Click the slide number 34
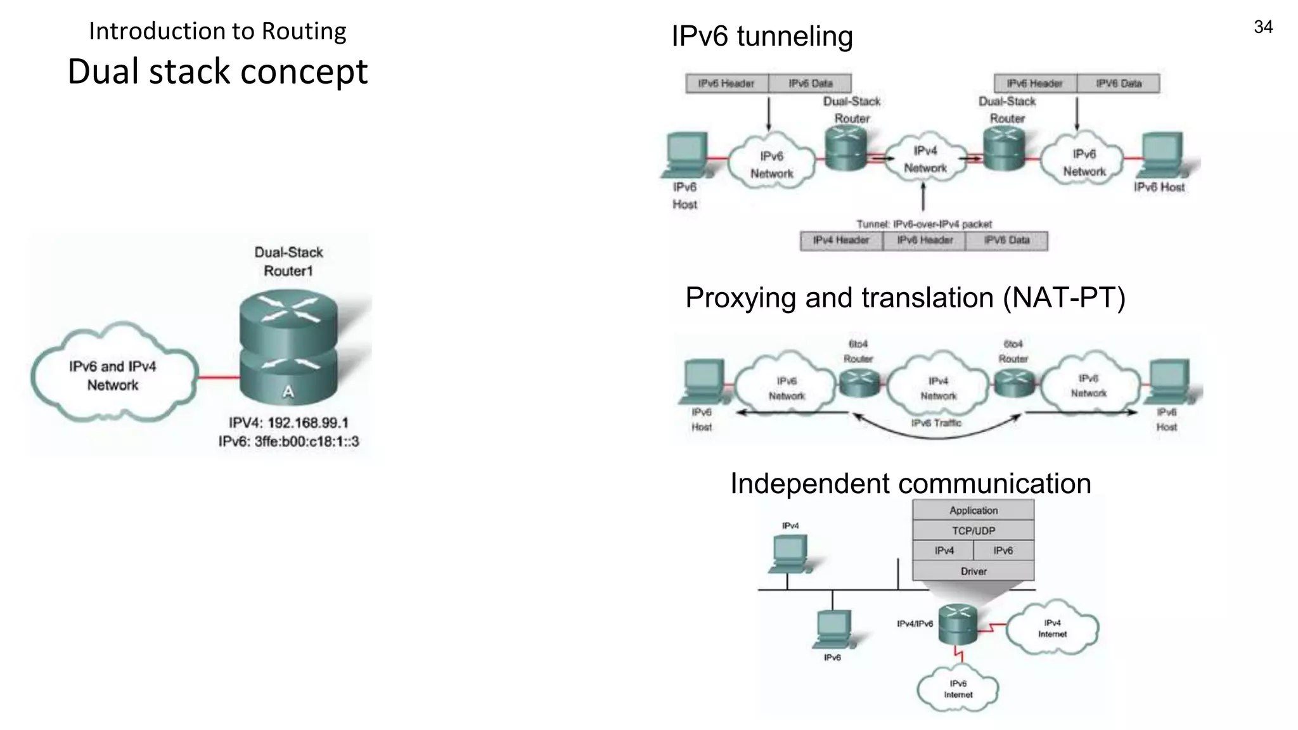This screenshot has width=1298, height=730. point(1263,27)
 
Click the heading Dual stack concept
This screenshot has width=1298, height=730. point(217,71)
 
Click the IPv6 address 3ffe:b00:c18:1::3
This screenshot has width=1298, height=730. point(306,442)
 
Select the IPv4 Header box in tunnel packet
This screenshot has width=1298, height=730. point(841,241)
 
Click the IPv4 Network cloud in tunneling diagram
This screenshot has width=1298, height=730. point(925,160)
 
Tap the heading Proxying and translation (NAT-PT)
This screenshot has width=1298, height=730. point(905,298)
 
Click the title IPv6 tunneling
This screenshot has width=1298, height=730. point(762,36)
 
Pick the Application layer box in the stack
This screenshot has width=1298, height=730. point(973,510)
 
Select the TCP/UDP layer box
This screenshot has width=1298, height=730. point(973,530)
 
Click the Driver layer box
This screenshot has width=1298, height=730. point(973,571)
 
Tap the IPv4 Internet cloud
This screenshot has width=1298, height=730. point(1052,628)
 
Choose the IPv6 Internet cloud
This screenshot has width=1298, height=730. point(958,689)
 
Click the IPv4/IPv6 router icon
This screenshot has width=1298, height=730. point(958,624)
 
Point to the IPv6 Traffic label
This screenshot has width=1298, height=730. point(936,423)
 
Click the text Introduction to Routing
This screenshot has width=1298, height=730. point(217,31)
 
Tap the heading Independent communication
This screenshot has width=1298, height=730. point(910,483)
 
